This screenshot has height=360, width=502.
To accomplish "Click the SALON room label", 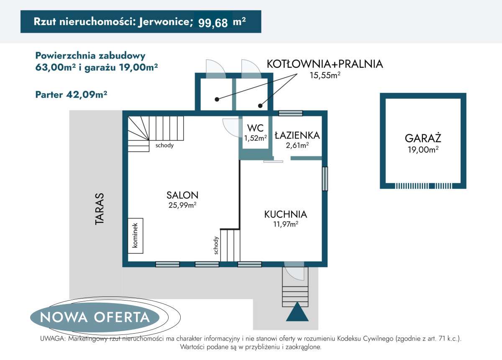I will [x=182, y=195].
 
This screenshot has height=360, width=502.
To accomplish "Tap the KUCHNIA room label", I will [x=285, y=214].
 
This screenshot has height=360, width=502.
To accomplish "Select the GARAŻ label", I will [x=423, y=138].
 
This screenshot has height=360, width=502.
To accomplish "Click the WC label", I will [x=255, y=128].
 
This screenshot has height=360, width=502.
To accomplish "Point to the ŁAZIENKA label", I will [x=297, y=135].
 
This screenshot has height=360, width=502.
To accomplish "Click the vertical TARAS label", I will [x=99, y=209].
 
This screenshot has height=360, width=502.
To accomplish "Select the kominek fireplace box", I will [x=136, y=236].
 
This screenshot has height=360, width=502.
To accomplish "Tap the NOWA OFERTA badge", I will [x=95, y=317].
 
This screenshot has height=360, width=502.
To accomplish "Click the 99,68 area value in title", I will [x=213, y=22].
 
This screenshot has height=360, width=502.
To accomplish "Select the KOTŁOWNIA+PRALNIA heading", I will [x=325, y=64].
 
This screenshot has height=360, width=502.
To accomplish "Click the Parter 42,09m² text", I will [x=72, y=95].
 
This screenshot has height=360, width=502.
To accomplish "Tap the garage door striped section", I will [x=423, y=186].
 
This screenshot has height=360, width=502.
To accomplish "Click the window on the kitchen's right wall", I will [x=325, y=179].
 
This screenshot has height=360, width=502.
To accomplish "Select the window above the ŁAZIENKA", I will [x=290, y=113].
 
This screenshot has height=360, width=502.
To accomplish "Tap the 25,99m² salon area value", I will [x=182, y=205].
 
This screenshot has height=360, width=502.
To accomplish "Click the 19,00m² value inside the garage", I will [x=423, y=149].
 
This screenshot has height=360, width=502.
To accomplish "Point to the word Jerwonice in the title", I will [x=164, y=22].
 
